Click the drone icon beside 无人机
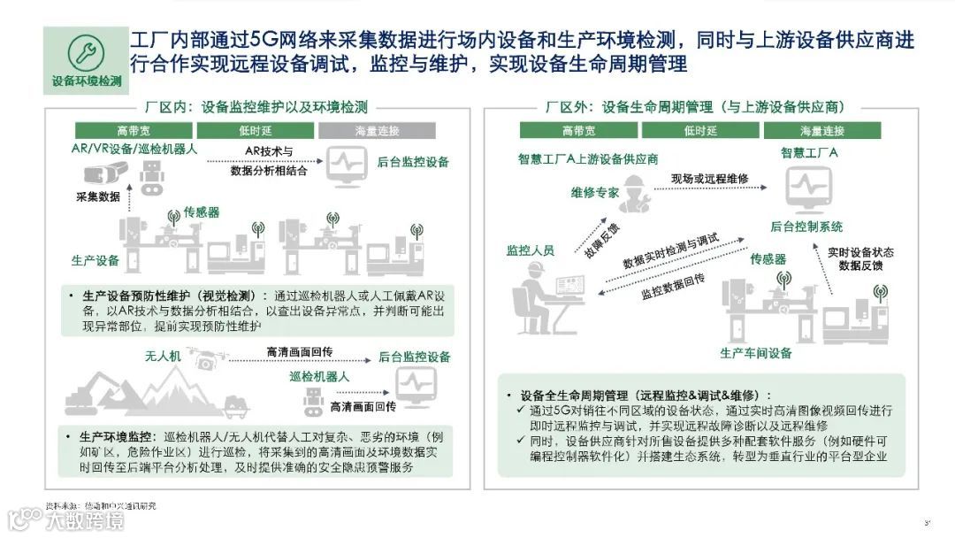pos(203,358)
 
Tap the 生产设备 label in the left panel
pos(95,261)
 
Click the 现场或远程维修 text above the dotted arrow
pos(709,179)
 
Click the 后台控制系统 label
pos(807,227)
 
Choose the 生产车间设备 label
pos(755,354)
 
